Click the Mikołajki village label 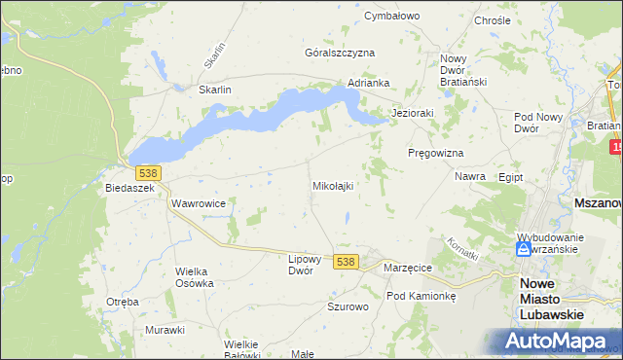click(332, 185)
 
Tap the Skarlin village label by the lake click(214, 90)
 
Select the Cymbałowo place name click(391, 17)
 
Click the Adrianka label click(369, 84)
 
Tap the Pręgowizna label click(435, 154)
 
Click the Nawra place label click(470, 177)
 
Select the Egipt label click(510, 178)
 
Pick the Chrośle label click(491, 20)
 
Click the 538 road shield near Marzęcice click(346, 262)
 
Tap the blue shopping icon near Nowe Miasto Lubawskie click(524, 249)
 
